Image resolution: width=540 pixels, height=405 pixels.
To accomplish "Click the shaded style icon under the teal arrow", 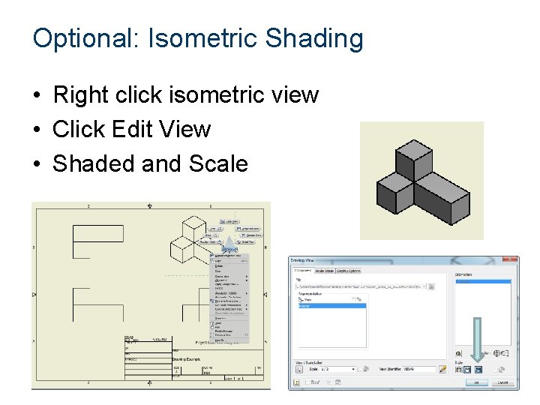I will (x=478, y=369).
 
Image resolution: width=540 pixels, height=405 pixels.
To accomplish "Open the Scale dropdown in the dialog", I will (x=359, y=369).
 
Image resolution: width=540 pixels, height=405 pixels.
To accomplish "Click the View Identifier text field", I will (x=419, y=369).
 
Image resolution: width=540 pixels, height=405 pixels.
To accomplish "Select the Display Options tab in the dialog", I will (x=348, y=270).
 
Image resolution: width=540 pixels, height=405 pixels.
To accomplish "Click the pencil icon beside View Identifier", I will (x=442, y=369).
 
